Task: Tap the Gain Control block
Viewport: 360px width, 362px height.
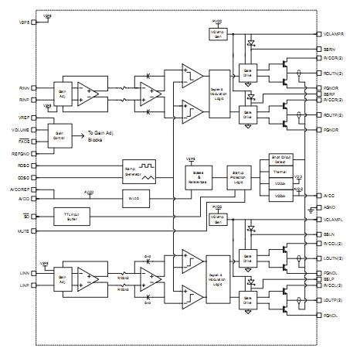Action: coord(59,132)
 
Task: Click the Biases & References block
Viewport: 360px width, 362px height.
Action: coord(196,177)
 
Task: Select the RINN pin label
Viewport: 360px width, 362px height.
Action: coord(22,88)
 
